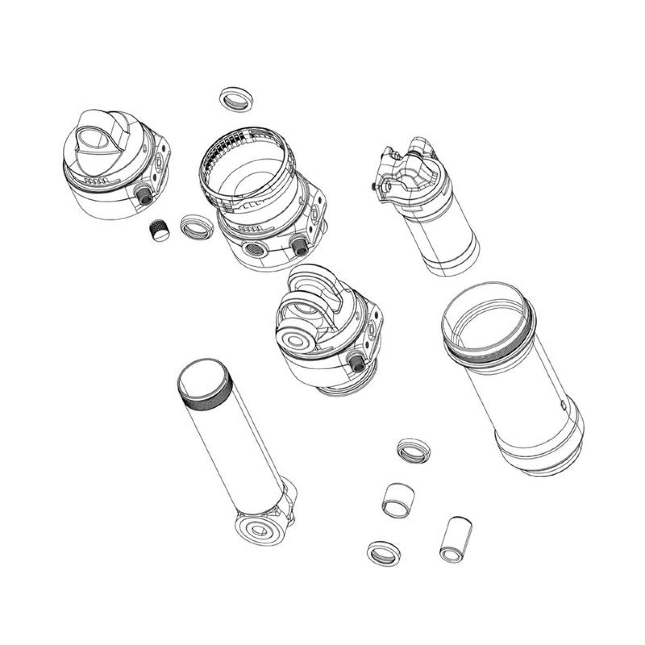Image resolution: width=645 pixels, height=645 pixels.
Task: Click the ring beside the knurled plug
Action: [196, 226]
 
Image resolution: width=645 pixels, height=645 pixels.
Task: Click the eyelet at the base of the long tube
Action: [258, 529]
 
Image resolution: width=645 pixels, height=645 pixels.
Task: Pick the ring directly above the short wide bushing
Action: [413, 450]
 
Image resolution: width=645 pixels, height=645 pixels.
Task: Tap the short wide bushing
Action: [398, 499]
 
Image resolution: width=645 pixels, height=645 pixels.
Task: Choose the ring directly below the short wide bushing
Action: [384, 553]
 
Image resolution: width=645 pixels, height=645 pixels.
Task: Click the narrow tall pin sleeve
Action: [455, 540]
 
